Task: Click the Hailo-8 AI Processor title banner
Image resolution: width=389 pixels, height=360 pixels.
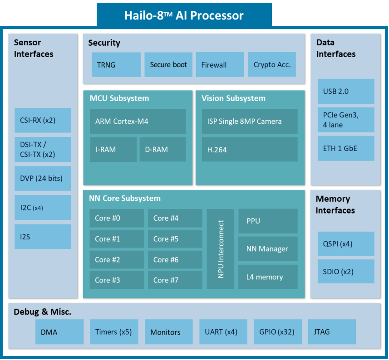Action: click(x=184, y=15)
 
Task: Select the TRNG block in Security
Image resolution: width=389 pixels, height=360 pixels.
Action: click(x=116, y=64)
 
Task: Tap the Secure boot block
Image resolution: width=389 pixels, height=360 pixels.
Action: click(x=168, y=64)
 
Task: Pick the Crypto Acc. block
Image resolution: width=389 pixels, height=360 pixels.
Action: click(x=272, y=64)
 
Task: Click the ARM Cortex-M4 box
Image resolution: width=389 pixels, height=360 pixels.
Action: click(x=138, y=121)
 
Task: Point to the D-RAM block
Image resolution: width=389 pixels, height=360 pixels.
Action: click(x=162, y=149)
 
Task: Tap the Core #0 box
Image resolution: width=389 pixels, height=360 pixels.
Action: click(x=116, y=218)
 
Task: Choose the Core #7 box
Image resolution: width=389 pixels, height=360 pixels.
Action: click(x=175, y=280)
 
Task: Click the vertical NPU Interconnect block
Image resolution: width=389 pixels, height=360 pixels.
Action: click(x=221, y=249)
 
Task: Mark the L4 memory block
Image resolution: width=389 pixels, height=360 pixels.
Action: click(x=268, y=277)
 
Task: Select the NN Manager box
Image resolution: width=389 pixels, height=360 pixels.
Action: click(x=268, y=249)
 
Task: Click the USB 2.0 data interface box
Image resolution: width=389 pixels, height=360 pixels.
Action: click(x=346, y=91)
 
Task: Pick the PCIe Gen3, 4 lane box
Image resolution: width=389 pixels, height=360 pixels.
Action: click(x=346, y=120)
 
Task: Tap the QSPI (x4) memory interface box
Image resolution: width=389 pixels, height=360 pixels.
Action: click(x=346, y=244)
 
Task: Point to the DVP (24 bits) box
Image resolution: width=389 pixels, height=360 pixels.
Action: click(x=43, y=178)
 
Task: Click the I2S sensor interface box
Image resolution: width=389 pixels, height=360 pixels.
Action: click(x=43, y=236)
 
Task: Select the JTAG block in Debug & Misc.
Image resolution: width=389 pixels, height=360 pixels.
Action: click(x=332, y=331)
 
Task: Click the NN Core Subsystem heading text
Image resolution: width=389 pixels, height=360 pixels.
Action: click(x=125, y=198)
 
